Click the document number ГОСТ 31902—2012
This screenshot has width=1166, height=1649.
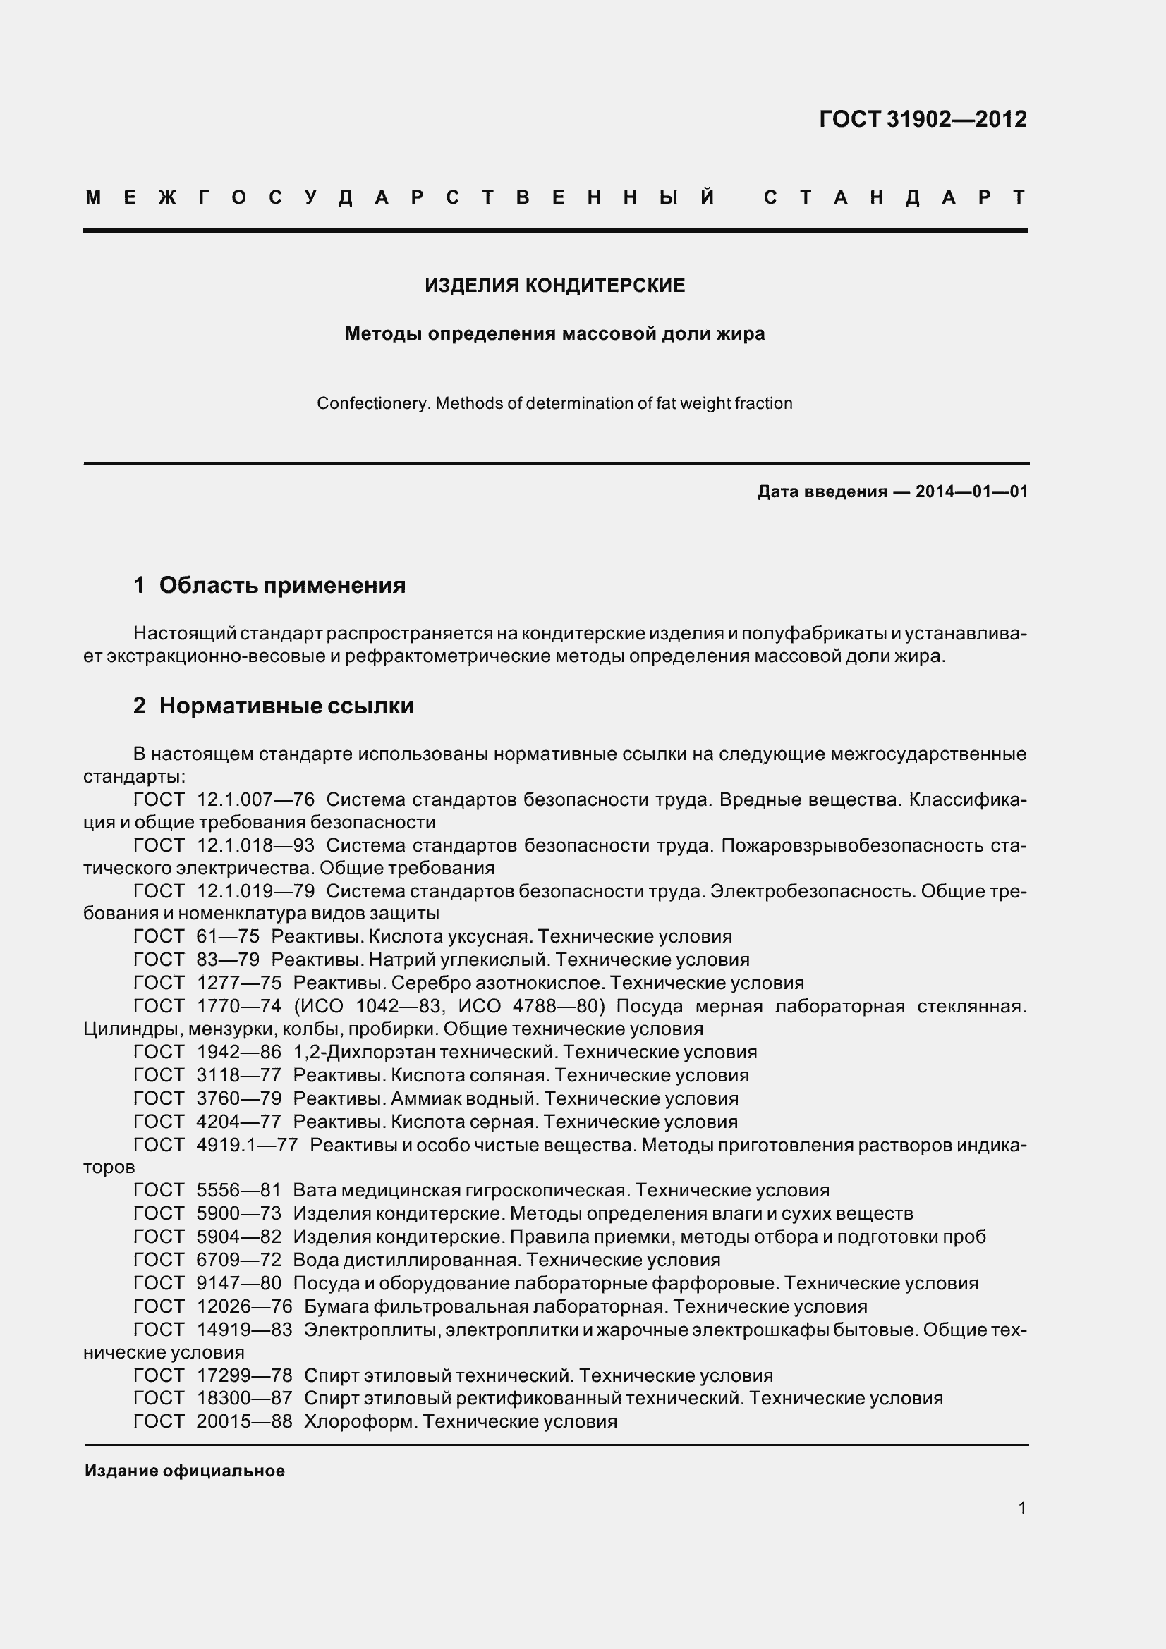[923, 119]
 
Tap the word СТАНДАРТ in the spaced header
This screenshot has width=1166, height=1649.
[895, 197]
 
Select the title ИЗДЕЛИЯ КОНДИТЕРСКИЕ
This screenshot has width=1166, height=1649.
[554, 286]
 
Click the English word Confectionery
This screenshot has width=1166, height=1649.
[374, 404]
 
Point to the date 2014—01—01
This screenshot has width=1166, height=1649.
[971, 492]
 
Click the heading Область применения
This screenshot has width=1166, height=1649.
[281, 585]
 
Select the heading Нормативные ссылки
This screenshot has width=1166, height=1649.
[286, 706]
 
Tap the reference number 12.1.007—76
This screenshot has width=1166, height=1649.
[255, 800]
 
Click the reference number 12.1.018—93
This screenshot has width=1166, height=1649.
[255, 845]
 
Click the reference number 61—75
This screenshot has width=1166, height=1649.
[227, 936]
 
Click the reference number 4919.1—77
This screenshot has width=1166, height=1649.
[246, 1145]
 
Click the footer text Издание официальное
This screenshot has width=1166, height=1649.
[185, 1471]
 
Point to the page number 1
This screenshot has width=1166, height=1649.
[1021, 1508]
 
